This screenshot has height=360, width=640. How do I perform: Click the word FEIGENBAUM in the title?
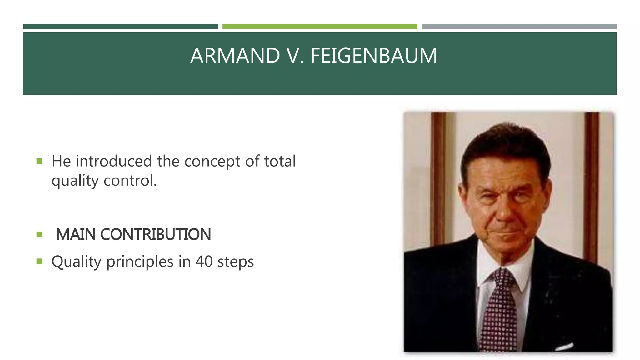click(x=374, y=56)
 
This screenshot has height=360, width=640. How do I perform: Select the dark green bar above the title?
click(x=120, y=27)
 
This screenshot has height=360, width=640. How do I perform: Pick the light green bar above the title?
click(x=319, y=27)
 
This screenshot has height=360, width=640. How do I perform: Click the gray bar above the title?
click(x=519, y=27)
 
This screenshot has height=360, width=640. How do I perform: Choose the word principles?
click(x=140, y=262)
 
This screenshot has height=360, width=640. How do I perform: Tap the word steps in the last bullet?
click(x=236, y=262)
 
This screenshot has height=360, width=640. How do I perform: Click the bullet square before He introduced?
click(x=39, y=161)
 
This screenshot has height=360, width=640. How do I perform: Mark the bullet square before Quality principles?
click(x=39, y=261)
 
